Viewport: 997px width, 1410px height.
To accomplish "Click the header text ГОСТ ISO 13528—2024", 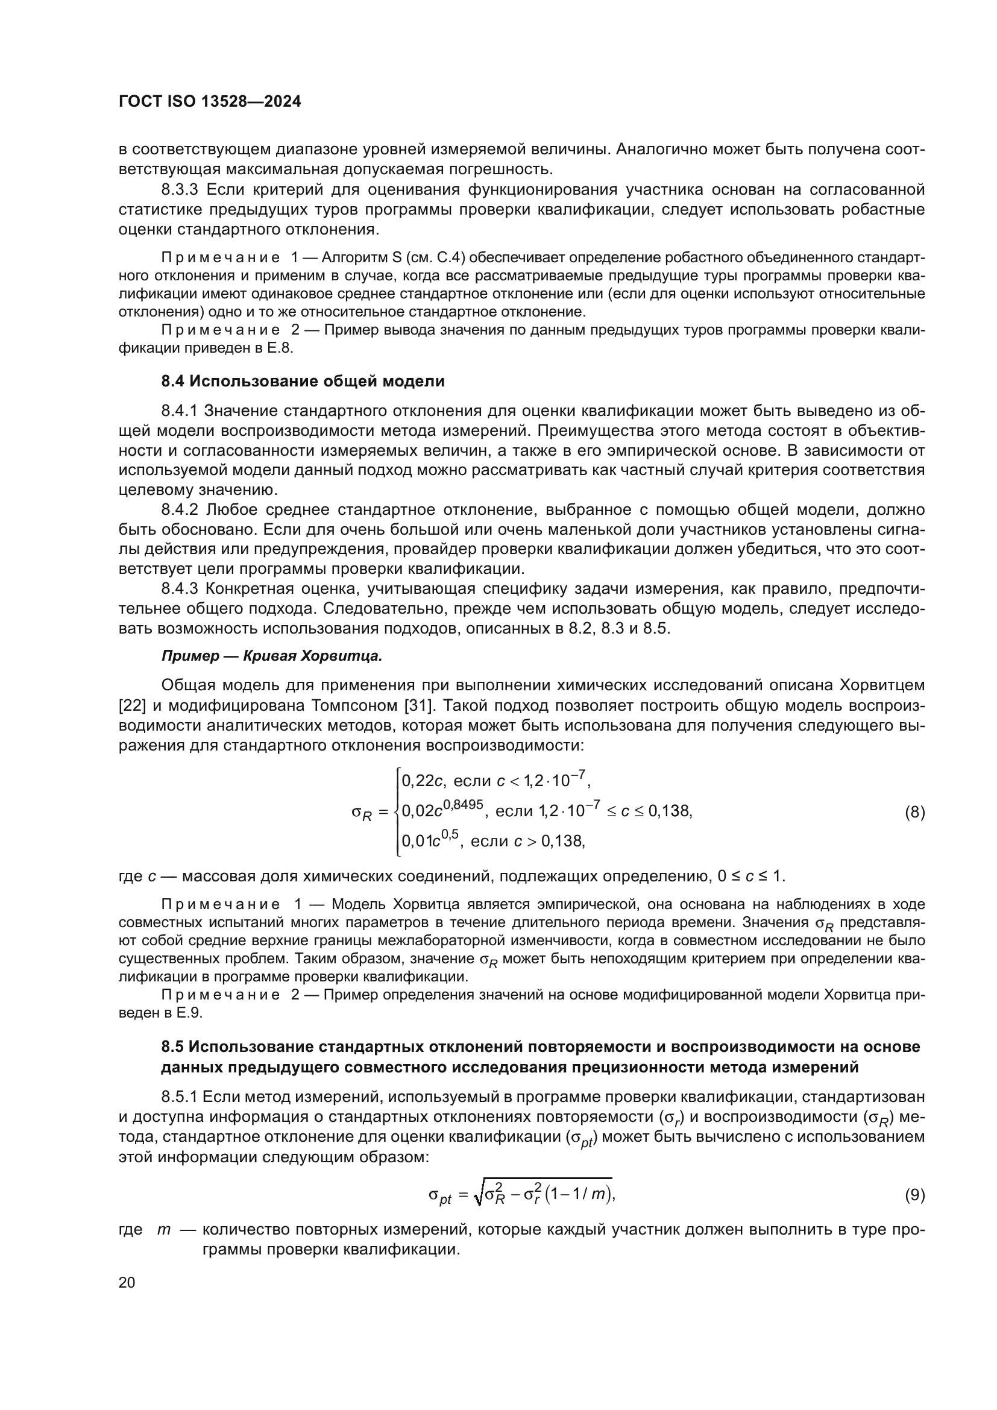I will (x=209, y=102).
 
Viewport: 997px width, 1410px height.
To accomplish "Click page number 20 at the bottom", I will (x=127, y=1282).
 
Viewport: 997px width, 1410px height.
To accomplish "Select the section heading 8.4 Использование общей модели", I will (x=303, y=382).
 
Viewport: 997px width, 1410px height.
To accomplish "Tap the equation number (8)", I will (x=914, y=813).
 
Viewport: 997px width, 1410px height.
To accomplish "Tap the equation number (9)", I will (x=914, y=1195).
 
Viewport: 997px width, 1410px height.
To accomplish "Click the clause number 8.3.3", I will (x=180, y=190).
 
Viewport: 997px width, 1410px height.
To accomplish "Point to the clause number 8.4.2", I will (x=180, y=510).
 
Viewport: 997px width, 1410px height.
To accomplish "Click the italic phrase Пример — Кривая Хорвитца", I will (x=271, y=656).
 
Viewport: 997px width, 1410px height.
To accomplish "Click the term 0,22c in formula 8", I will (x=422, y=781).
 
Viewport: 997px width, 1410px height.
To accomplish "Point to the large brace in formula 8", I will (x=397, y=811).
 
